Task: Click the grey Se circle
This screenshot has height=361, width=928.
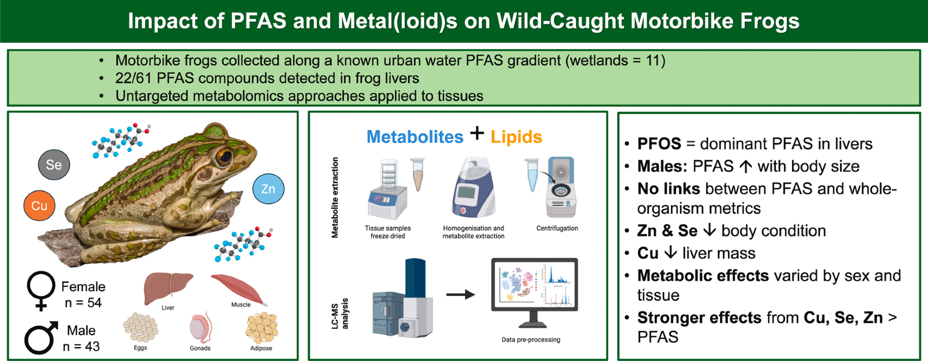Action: [x=54, y=165]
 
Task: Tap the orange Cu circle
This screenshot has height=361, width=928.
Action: [x=39, y=206]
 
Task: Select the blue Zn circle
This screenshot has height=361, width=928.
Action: [x=268, y=189]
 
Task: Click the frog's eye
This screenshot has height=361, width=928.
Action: [x=225, y=157]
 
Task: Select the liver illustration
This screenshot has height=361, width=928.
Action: [x=168, y=288]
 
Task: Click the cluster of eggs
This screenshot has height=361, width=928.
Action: [x=141, y=328]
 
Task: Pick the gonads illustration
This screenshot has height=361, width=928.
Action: [x=200, y=328]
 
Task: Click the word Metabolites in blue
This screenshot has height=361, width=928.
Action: [x=415, y=137]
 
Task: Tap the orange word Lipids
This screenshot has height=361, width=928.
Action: [x=516, y=137]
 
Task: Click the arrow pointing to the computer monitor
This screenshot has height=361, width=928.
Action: [x=460, y=294]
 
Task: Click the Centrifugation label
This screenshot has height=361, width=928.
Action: [x=557, y=228]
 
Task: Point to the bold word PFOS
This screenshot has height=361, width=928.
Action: [x=659, y=144]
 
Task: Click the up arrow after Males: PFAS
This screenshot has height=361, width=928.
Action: [x=746, y=166]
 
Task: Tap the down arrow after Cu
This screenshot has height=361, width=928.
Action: [x=670, y=253]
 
